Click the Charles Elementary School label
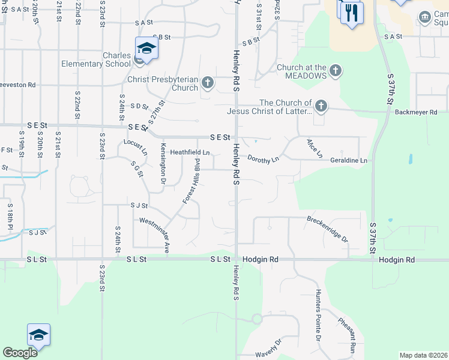click(x=116, y=60)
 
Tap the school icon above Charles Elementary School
click(x=146, y=48)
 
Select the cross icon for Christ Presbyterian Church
click(x=208, y=82)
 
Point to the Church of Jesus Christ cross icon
click(x=321, y=106)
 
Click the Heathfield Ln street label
click(x=190, y=152)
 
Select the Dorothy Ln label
click(x=264, y=159)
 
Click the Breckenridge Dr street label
click(x=327, y=229)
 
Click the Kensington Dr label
click(x=163, y=163)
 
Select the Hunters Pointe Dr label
click(x=318, y=314)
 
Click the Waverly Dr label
click(x=268, y=349)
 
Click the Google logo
click(x=20, y=353)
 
